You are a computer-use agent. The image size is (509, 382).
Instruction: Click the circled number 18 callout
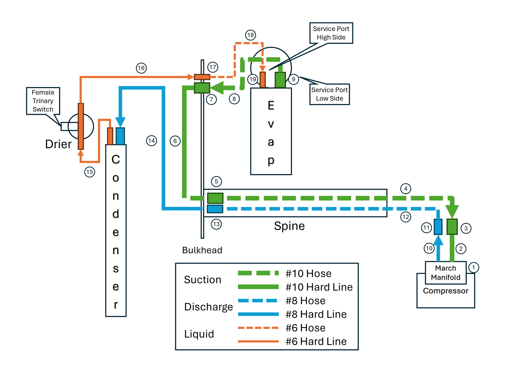251,35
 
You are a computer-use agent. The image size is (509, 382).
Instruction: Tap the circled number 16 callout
141,68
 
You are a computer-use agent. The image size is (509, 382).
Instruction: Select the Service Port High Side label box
331,33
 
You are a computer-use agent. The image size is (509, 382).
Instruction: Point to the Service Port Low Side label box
330,94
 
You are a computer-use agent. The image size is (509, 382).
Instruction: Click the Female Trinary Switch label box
43,101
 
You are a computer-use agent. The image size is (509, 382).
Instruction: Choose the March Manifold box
446,273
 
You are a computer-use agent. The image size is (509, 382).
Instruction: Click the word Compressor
446,291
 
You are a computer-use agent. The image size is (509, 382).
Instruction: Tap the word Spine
289,226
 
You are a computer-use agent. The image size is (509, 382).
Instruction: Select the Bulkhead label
202,250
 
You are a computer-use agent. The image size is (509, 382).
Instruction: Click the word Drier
58,144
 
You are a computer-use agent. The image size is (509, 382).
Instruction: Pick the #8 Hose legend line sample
258,301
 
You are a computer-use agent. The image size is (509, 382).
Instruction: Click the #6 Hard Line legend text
316,341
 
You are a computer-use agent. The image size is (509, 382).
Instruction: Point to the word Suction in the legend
203,280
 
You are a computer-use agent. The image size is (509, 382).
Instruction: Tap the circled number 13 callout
216,224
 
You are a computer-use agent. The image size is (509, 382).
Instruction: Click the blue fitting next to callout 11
438,227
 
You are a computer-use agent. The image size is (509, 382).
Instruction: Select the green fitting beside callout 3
452,227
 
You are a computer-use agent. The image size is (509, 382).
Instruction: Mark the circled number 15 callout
90,172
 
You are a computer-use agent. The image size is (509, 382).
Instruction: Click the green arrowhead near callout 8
217,88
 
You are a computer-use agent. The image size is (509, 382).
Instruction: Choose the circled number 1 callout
474,267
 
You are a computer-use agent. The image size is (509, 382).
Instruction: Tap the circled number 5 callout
216,181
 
